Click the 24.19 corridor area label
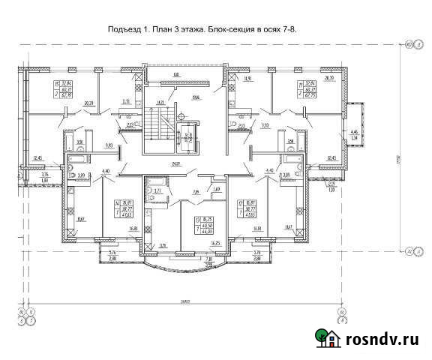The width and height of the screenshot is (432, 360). (177, 163)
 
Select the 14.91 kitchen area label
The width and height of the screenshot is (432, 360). (247, 77)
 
